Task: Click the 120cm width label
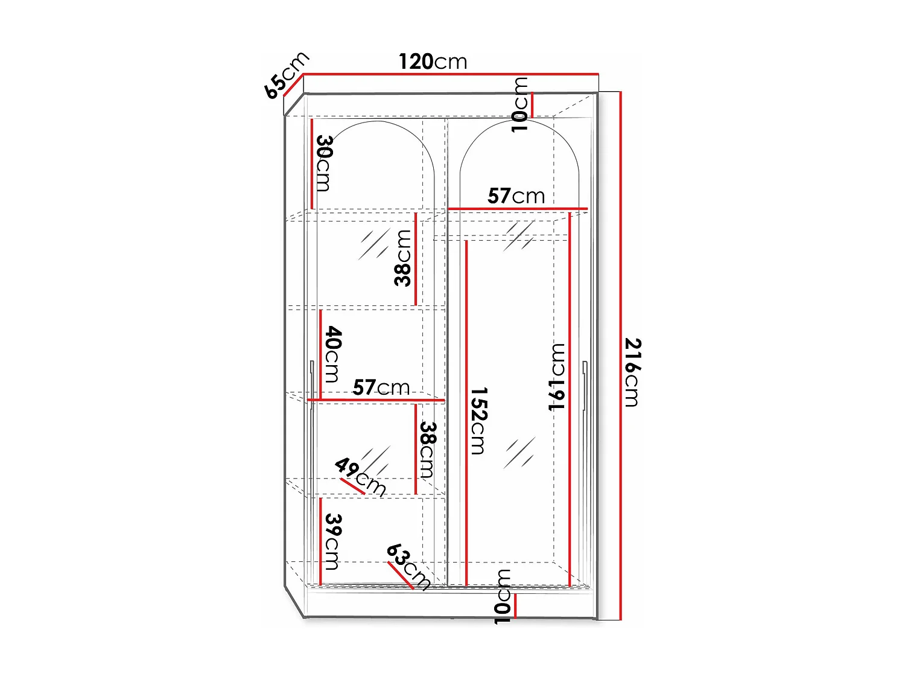click(433, 62)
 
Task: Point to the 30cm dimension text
click(324, 162)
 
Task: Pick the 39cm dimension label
click(332, 541)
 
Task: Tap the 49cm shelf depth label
click(360, 476)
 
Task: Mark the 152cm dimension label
click(478, 420)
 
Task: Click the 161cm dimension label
click(557, 377)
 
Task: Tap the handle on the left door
click(311, 386)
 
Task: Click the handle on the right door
click(585, 386)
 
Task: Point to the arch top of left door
click(377, 123)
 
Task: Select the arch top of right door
click(519, 121)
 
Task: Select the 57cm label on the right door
click(516, 196)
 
